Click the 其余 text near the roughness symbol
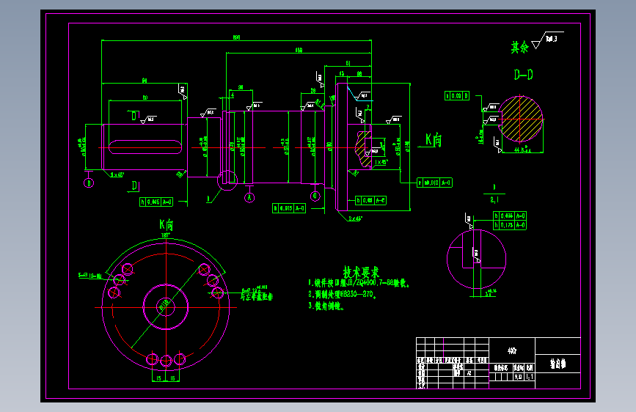point(520,47)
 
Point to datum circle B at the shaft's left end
point(89,183)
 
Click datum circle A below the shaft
point(249,197)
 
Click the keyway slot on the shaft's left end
point(144,146)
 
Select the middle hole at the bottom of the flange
point(166,359)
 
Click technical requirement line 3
point(327,306)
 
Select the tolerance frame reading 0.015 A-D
point(294,208)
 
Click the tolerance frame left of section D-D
point(456,95)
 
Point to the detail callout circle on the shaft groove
point(227,177)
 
